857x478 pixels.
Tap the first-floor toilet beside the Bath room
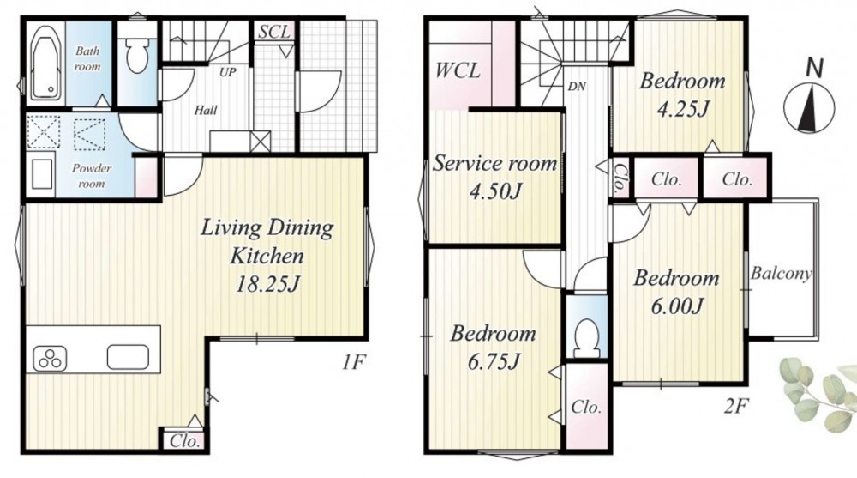point(136,54)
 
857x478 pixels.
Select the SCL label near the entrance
point(273,31)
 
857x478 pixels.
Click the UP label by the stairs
point(227,72)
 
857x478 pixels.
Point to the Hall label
point(206,110)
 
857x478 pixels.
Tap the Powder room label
point(92,176)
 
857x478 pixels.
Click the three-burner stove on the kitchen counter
point(51,359)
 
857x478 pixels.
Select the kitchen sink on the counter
point(128,357)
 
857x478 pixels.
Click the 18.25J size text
point(267,284)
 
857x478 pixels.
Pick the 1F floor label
point(354,361)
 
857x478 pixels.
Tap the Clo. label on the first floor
point(183,440)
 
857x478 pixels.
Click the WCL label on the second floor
point(458,70)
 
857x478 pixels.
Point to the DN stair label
point(577,86)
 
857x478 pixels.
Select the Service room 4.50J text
point(494,177)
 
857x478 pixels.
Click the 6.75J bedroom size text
point(494,360)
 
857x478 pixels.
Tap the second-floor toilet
point(586,336)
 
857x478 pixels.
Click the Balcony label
point(781,273)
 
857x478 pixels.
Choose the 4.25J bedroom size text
point(683,110)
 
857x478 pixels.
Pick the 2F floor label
point(734,406)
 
